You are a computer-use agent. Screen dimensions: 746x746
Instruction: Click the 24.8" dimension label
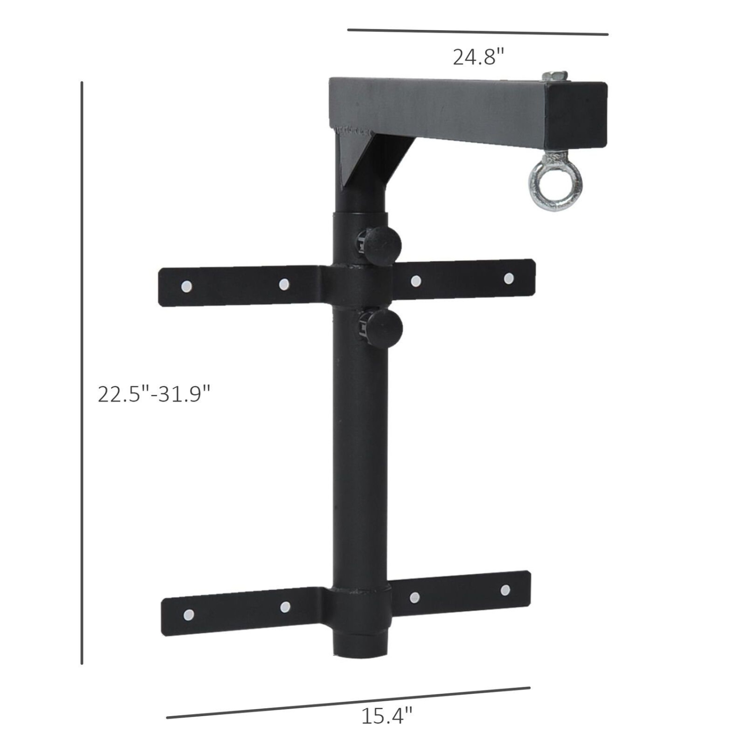(478, 57)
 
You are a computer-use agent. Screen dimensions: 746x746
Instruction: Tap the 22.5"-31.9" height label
(154, 394)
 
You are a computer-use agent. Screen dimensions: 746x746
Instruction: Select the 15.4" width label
(386, 716)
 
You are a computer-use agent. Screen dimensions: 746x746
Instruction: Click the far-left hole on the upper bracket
(186, 286)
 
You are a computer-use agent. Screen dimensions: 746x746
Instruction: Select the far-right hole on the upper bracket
(509, 279)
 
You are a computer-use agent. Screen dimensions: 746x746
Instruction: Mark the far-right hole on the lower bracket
(505, 590)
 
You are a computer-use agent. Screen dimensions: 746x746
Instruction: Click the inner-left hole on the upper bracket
(284, 284)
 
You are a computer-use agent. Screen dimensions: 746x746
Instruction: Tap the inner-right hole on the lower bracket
(415, 597)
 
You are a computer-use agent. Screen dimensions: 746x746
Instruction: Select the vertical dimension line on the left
(82, 373)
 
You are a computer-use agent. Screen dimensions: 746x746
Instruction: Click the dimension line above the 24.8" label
(477, 32)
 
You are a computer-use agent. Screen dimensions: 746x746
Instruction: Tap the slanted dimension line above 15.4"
(348, 703)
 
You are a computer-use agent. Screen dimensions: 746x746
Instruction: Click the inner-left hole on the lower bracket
(285, 607)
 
